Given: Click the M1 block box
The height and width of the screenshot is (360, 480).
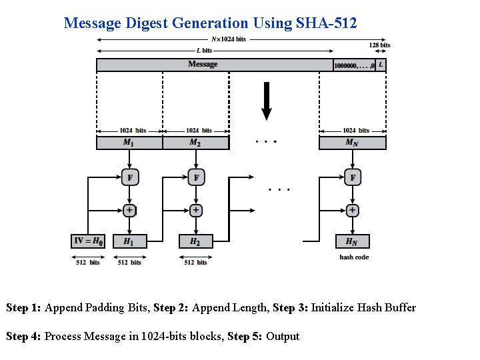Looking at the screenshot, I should click(129, 143).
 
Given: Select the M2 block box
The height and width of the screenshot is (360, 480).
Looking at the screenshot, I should click(195, 143).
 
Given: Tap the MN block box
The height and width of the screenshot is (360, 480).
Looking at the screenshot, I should click(352, 143).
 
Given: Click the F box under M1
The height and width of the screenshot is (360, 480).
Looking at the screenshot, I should click(129, 177).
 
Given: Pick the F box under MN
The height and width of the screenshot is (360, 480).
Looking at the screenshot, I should click(352, 177).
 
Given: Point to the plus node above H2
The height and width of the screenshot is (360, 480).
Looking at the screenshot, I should click(195, 210).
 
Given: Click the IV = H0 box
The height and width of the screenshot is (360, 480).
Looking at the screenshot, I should click(88, 241).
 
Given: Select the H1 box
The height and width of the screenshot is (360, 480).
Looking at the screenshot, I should click(129, 241).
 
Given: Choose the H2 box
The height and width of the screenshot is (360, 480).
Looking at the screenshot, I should click(195, 241).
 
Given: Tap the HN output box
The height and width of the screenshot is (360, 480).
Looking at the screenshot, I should click(352, 241).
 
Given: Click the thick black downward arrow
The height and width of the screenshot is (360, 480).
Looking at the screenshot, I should click(267, 101).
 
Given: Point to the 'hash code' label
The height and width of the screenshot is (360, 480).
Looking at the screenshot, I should click(354, 257).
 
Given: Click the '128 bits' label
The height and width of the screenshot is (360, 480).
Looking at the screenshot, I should click(379, 45).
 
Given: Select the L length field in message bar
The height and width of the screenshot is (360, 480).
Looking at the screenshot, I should click(381, 65).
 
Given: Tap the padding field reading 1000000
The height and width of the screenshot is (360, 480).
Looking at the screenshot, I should click(353, 65).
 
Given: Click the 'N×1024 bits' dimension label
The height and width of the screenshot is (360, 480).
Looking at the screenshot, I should click(229, 39).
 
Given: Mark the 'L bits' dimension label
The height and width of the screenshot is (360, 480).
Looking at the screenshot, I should click(205, 51).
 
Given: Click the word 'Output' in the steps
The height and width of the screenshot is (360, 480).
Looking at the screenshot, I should click(283, 337).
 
